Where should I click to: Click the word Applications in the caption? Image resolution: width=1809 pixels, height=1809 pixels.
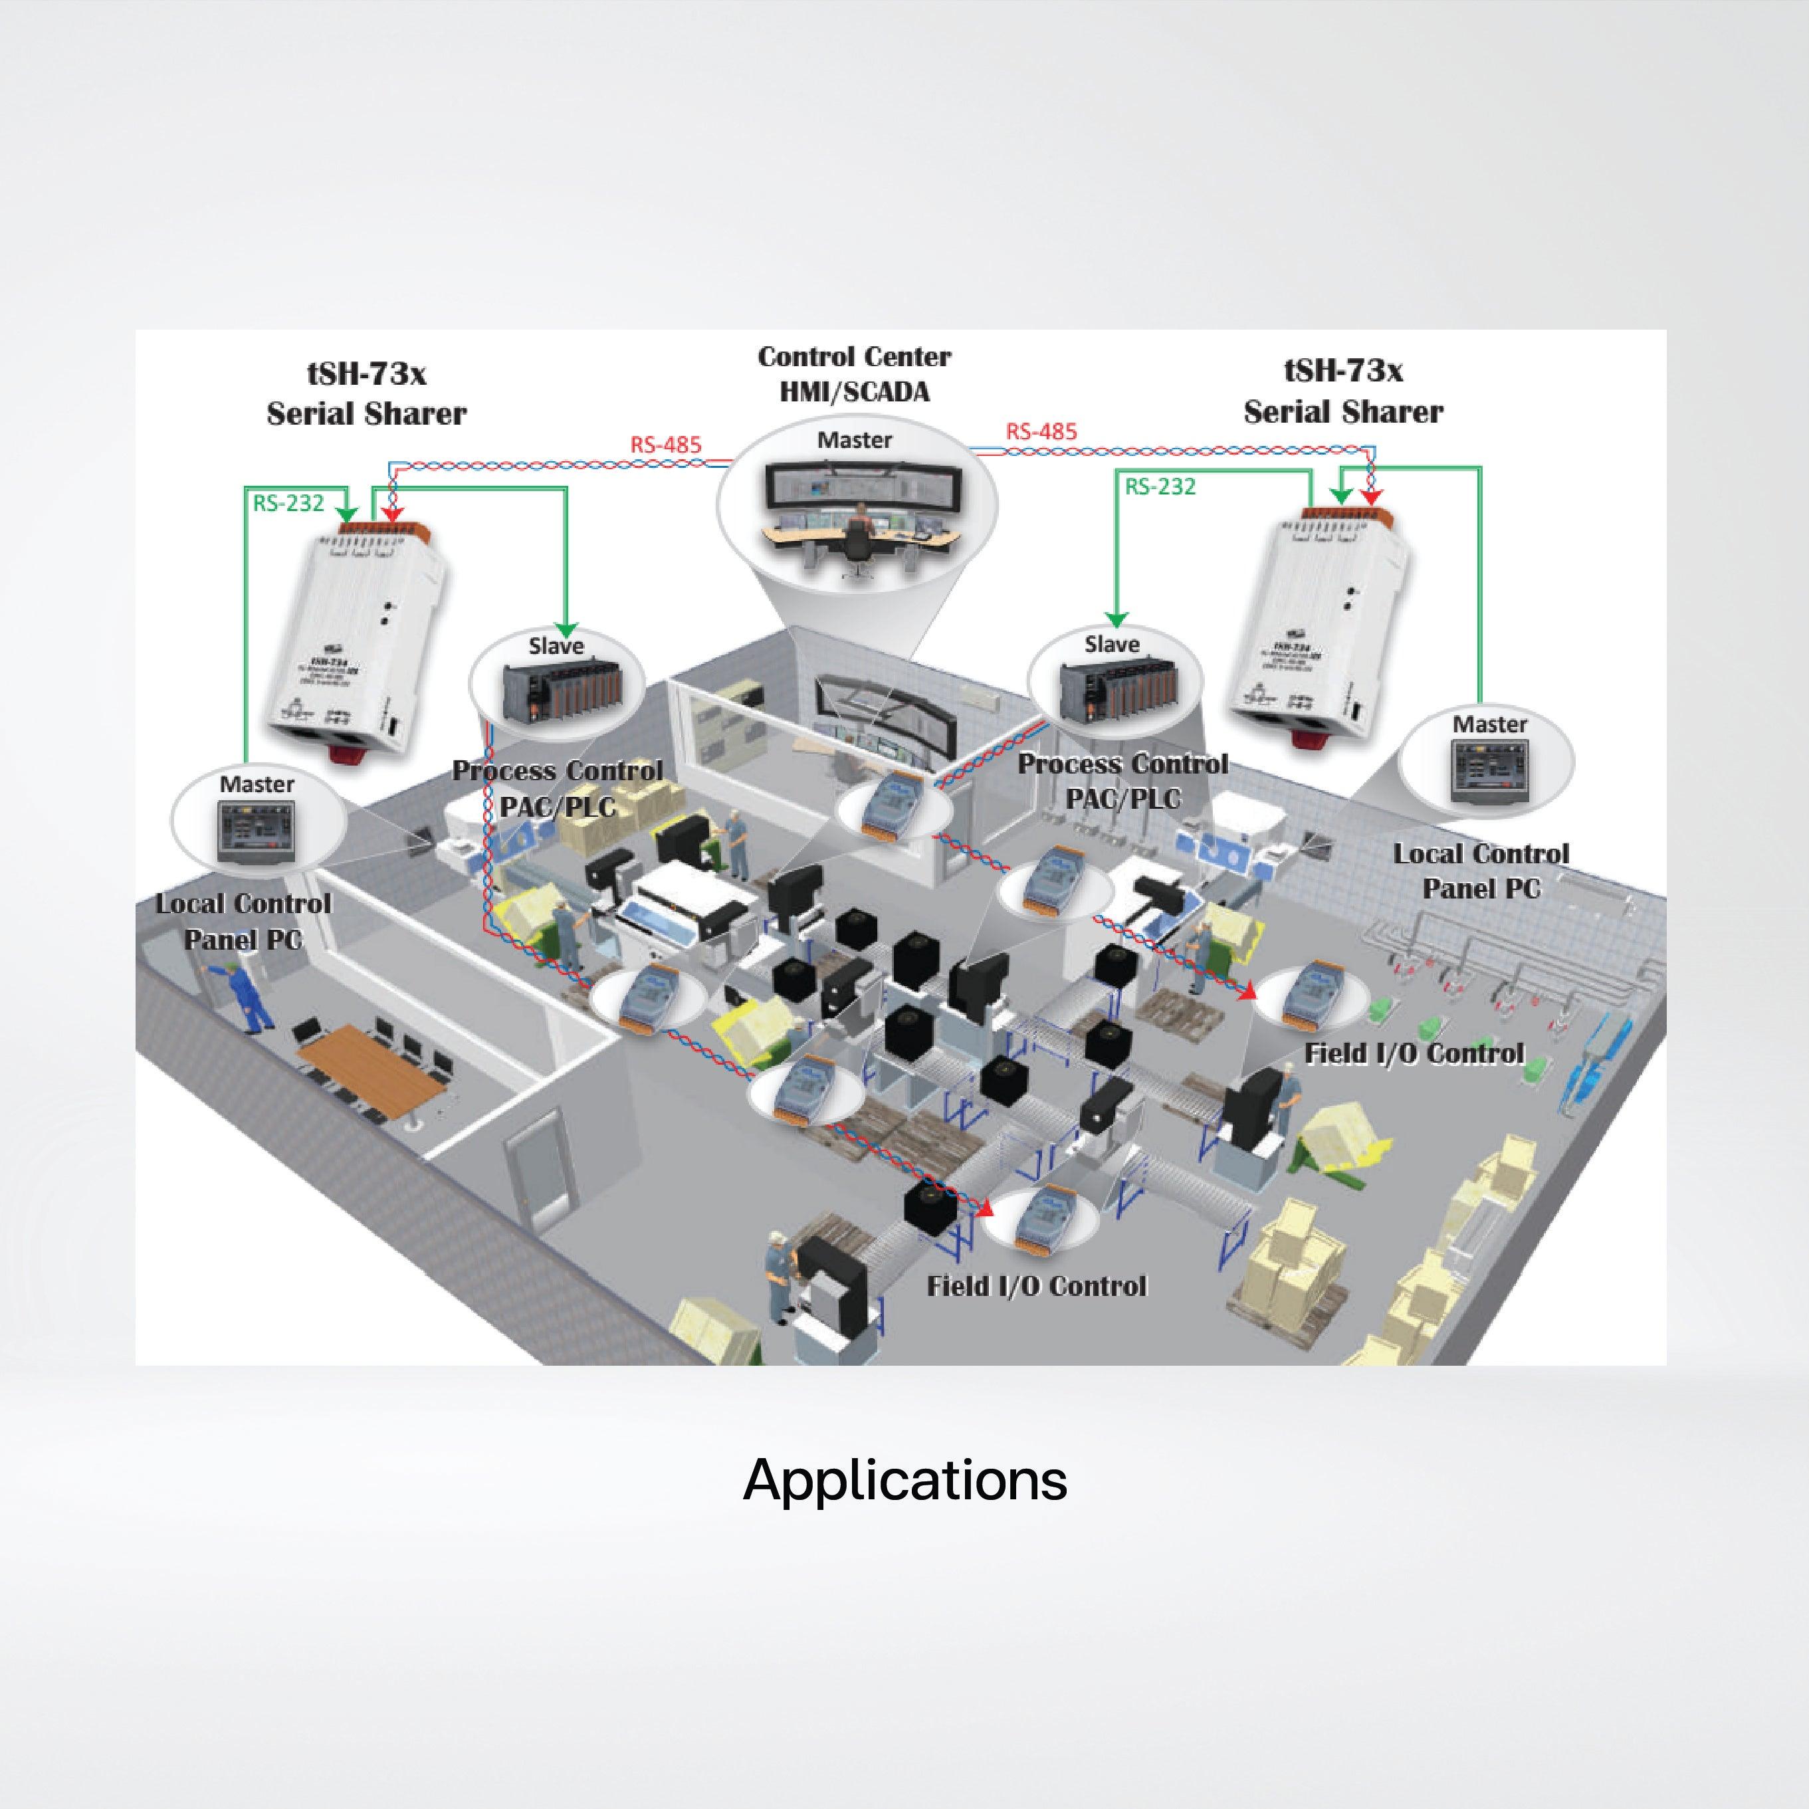point(904,1480)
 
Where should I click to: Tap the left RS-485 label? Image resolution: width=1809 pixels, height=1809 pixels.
point(666,445)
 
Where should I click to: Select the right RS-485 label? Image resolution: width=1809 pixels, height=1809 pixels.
point(1041,432)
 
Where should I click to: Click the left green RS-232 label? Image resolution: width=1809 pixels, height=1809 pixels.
point(288,503)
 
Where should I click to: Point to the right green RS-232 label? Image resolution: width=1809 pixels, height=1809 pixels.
point(1160,486)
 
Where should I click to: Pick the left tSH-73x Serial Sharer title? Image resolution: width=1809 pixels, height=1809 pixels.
point(366,393)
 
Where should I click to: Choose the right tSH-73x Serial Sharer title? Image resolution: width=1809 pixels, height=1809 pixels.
point(1342,391)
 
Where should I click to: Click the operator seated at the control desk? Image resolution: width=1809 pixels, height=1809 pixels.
point(857,530)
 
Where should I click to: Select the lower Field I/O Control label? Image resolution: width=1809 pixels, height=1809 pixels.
point(1037,1285)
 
